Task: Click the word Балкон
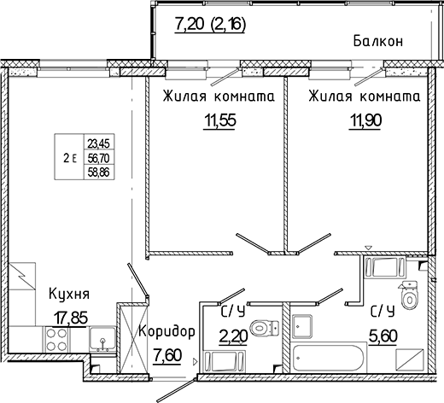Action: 377,41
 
